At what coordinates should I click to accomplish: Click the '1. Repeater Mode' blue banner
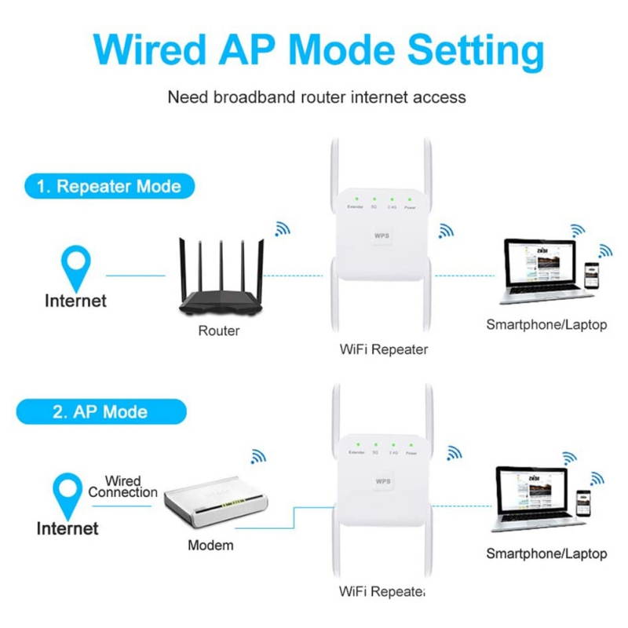coord(107,187)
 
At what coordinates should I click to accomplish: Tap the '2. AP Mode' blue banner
coord(100,411)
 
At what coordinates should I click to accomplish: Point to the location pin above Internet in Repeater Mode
coord(76,266)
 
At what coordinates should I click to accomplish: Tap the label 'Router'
coord(218,330)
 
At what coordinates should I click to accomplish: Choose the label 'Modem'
coord(210,545)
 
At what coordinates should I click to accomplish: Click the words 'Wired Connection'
coord(122,486)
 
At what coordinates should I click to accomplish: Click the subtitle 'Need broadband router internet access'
coord(317,97)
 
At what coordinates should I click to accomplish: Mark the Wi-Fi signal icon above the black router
coord(281,228)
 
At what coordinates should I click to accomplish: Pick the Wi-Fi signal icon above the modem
coord(257,457)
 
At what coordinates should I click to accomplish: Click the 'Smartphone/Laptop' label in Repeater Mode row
coord(546,324)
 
